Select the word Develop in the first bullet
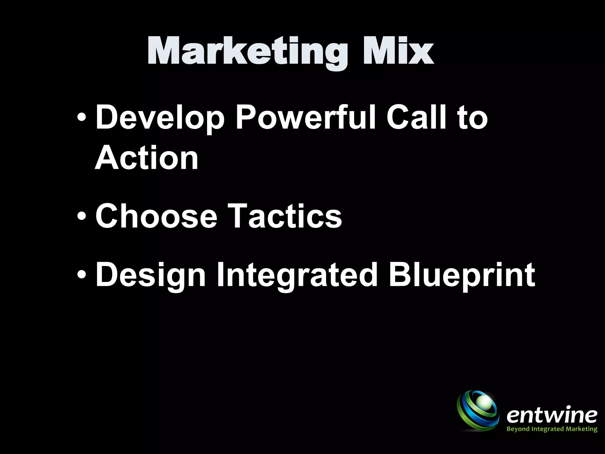click(160, 118)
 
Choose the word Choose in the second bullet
click(156, 216)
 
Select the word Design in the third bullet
click(150, 275)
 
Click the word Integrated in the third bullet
click(297, 275)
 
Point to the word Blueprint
click(461, 275)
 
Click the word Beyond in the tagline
click(517, 429)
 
